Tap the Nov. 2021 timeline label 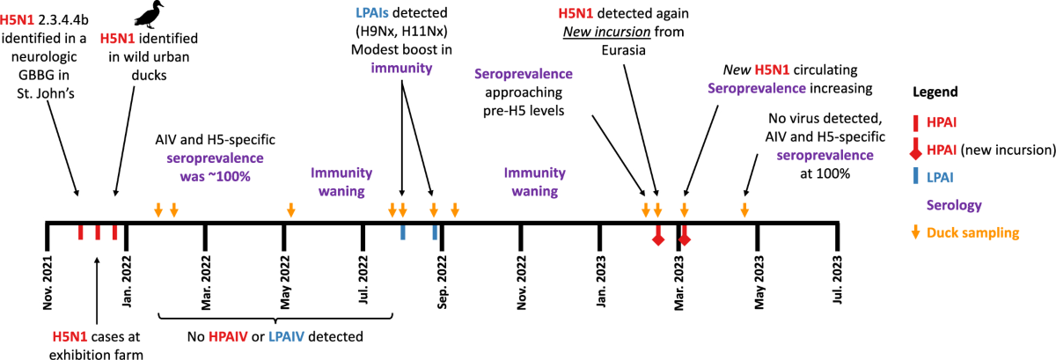[x=48, y=283]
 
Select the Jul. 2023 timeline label [x=839, y=281]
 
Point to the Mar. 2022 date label [x=206, y=281]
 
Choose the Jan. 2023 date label [x=601, y=282]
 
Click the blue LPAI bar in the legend [x=915, y=177]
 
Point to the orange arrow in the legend [x=915, y=232]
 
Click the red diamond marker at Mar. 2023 [x=685, y=239]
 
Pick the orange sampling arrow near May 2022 [x=290, y=209]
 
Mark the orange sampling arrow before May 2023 [x=744, y=209]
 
